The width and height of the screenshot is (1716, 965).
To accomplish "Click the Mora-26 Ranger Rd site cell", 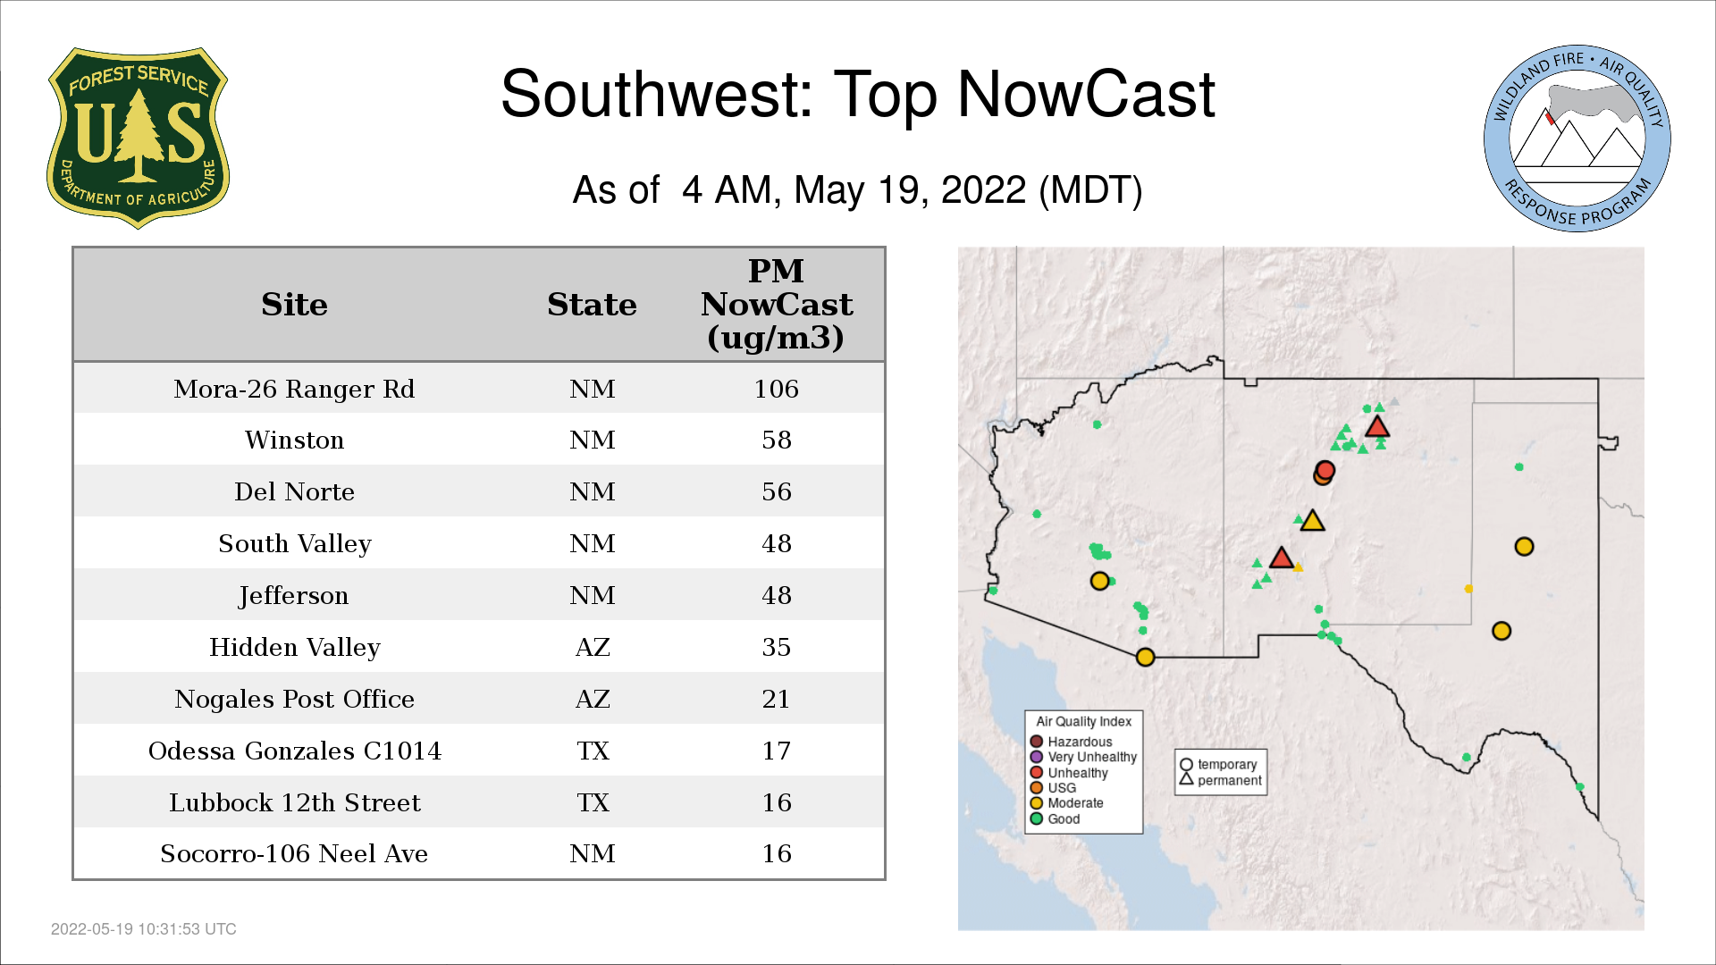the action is point(294,389).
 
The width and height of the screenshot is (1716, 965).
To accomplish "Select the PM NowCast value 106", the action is point(776,389).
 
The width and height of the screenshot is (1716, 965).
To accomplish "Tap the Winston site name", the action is point(294,440).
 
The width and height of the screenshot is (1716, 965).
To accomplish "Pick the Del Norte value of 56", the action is point(776,491).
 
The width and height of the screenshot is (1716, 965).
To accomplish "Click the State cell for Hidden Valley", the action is point(593,647).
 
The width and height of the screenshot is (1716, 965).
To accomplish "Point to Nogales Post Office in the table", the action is point(294,699).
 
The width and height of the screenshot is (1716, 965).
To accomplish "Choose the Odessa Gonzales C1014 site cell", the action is point(294,751).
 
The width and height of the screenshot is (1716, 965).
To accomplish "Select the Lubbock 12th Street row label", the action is point(294,802).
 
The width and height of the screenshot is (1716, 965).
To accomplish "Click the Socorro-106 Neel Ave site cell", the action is point(294,853).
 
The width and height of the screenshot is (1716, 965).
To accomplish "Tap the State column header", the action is point(592,305).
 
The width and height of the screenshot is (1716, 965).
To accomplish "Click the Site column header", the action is point(294,305).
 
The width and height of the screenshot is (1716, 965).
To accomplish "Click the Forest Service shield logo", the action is point(138,138).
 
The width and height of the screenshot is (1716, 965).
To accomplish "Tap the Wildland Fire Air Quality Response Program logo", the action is point(1577,138).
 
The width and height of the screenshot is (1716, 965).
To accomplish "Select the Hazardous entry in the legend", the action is point(1072,742).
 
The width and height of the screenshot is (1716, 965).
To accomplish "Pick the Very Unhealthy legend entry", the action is point(1083,757).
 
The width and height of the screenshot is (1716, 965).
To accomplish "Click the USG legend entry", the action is point(1054,788).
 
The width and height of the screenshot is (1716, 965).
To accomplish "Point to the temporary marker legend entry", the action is point(1218,765).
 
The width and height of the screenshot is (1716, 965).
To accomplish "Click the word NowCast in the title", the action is point(1086,94).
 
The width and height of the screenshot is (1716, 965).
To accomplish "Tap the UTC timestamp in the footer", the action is point(144,929).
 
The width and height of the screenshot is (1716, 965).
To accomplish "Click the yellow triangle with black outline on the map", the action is point(1312,521).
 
